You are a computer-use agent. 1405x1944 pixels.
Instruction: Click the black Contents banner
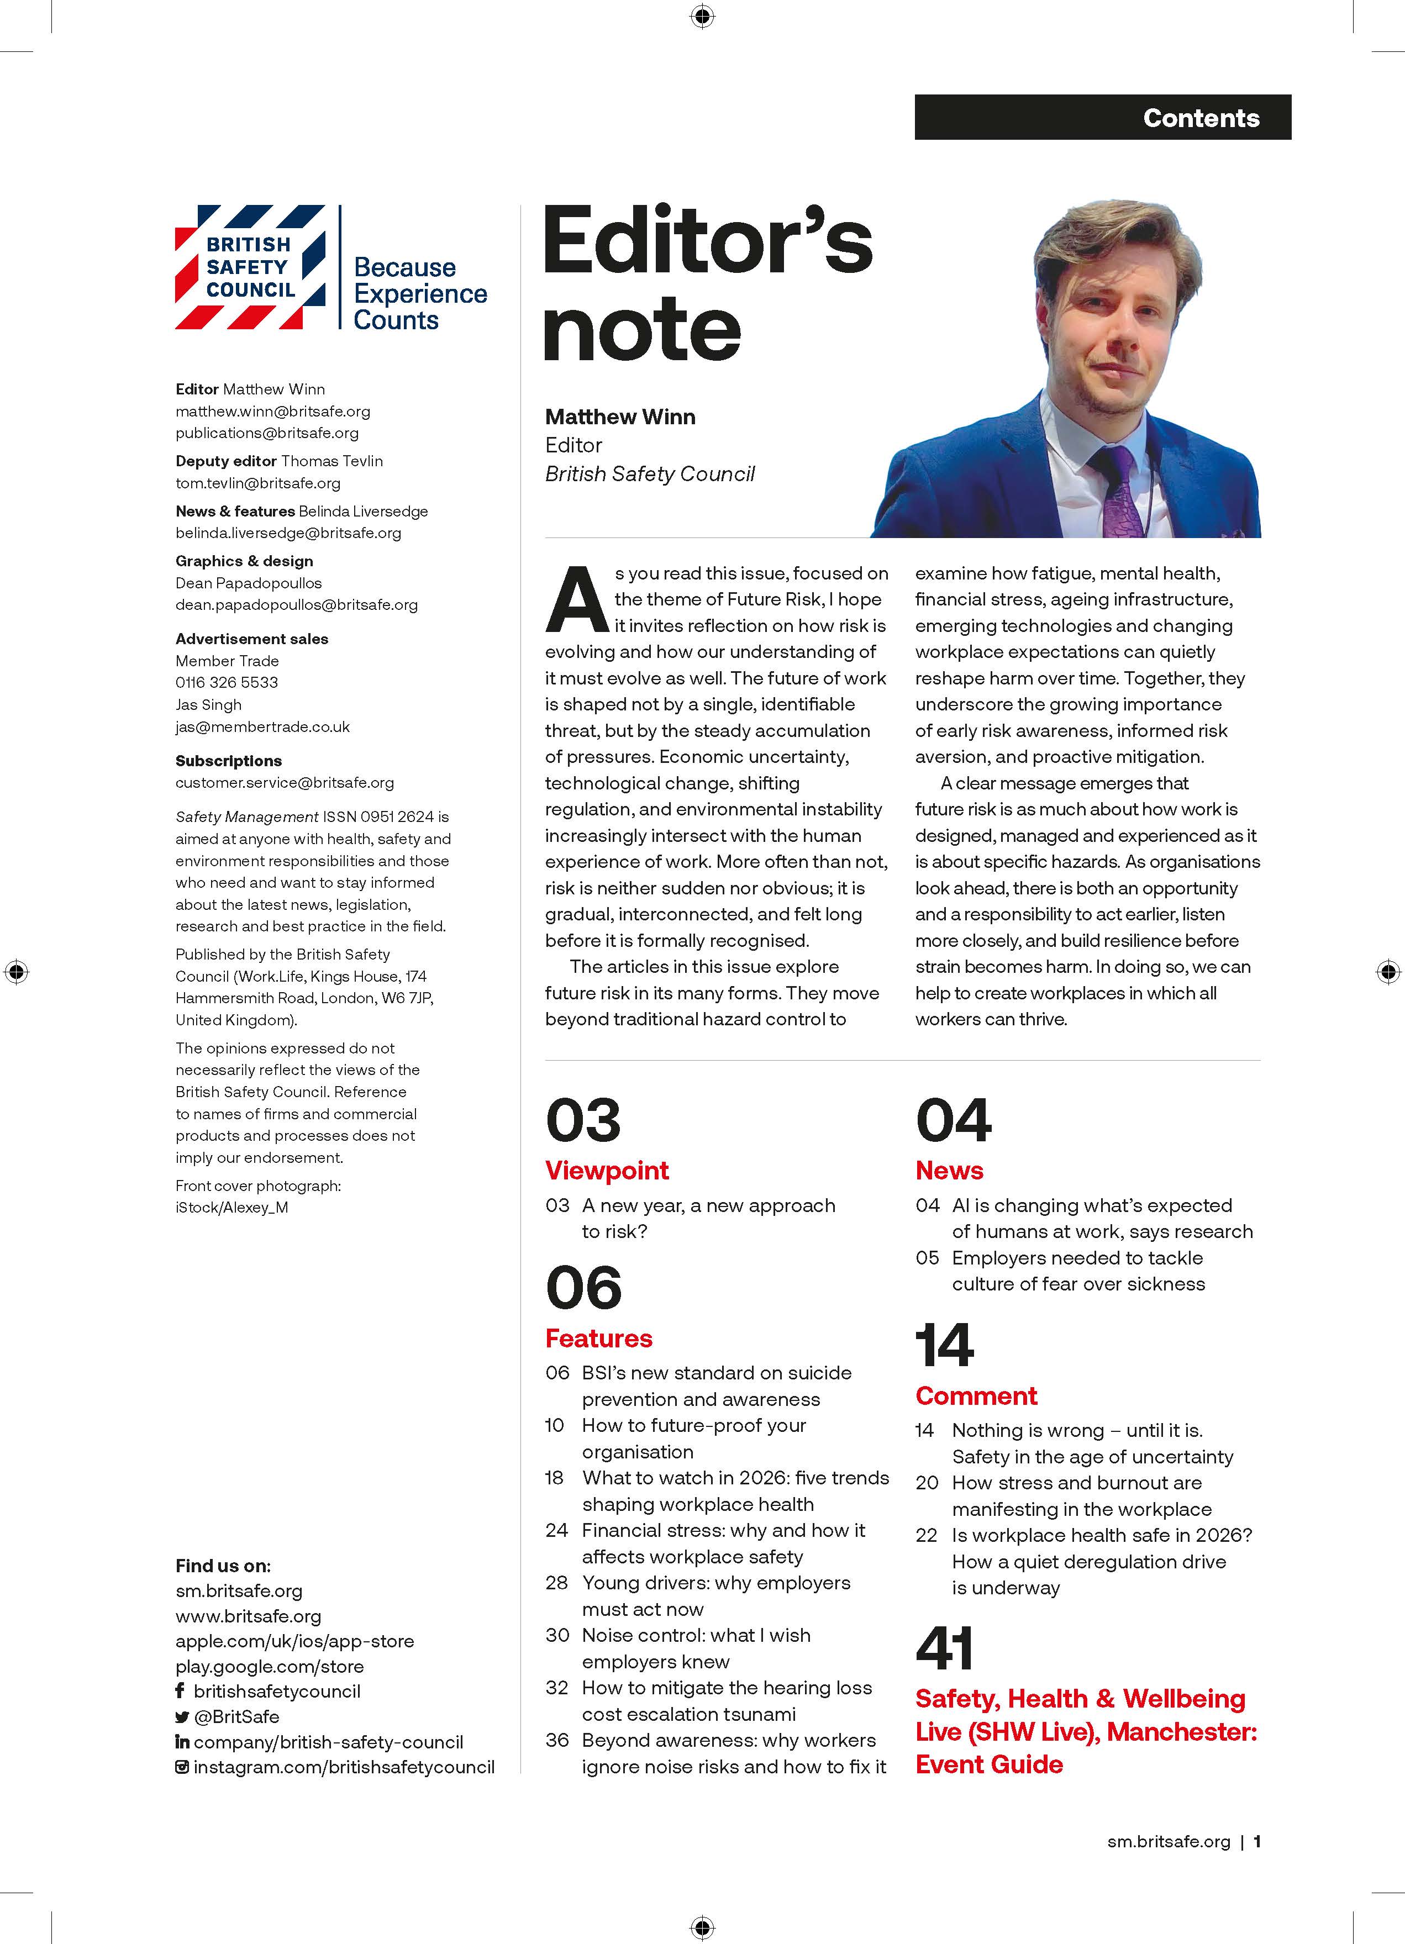pyautogui.click(x=1102, y=118)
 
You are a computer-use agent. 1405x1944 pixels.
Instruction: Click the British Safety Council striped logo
pyautogui.click(x=250, y=267)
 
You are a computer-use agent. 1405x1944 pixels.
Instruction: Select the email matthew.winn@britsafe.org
pyautogui.click(x=272, y=412)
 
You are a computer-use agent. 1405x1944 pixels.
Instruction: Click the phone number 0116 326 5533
pyautogui.click(x=227, y=682)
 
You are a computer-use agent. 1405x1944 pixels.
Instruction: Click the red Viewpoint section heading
pyautogui.click(x=607, y=1170)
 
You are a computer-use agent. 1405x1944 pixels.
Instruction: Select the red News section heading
pyautogui.click(x=949, y=1170)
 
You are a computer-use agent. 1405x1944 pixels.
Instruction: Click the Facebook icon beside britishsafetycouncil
pyautogui.click(x=180, y=1691)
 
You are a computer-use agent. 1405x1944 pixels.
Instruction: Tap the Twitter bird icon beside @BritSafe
pyautogui.click(x=182, y=1717)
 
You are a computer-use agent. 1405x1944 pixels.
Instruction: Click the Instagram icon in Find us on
pyautogui.click(x=182, y=1767)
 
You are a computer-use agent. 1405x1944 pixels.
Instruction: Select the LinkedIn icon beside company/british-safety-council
pyautogui.click(x=182, y=1742)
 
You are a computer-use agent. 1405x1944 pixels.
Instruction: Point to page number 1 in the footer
pyautogui.click(x=1257, y=1841)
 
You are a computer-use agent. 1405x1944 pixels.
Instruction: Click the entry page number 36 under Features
pyautogui.click(x=557, y=1741)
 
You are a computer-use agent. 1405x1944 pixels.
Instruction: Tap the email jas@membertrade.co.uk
pyautogui.click(x=262, y=727)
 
